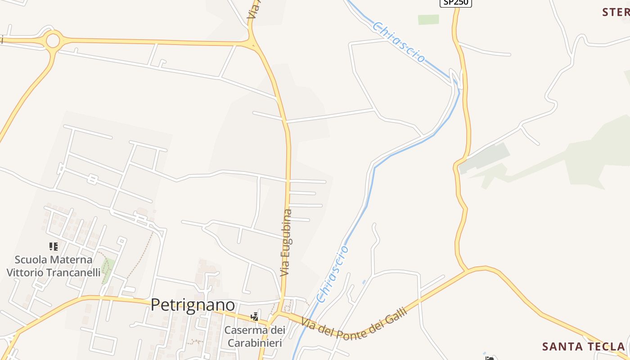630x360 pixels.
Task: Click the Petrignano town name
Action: (193, 305)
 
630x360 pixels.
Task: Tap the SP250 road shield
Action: (455, 2)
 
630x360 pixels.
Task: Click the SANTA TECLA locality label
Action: (584, 346)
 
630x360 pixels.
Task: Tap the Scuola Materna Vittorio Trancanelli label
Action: (54, 266)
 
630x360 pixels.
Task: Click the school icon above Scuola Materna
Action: (54, 246)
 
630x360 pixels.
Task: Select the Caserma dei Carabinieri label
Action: (255, 336)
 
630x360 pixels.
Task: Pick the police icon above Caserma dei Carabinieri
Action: (255, 316)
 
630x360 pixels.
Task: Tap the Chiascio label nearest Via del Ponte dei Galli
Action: (332, 274)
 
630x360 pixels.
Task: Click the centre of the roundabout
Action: (53, 41)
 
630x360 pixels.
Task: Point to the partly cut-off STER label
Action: (616, 12)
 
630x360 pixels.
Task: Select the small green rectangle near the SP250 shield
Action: (428, 19)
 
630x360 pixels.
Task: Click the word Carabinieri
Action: (255, 343)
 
